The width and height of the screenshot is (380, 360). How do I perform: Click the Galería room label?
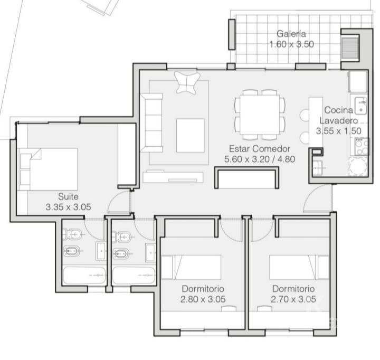click(291, 34)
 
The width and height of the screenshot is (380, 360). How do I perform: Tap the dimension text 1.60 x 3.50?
click(291, 44)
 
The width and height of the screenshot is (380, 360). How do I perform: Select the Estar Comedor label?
click(260, 148)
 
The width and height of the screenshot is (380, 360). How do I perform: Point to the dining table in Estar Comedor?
click(260, 115)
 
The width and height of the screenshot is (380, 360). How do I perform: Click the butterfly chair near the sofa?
click(187, 82)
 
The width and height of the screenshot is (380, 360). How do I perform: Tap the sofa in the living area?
click(151, 122)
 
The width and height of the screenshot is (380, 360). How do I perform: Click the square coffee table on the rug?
click(190, 135)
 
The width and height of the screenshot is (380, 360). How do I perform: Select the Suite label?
click(68, 196)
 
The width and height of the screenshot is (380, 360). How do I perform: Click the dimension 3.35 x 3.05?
click(68, 207)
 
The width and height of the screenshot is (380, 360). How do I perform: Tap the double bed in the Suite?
click(49, 169)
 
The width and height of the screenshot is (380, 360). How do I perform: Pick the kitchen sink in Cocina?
click(361, 106)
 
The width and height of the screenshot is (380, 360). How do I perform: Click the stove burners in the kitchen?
click(362, 146)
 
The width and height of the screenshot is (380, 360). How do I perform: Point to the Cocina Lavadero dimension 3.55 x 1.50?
click(338, 131)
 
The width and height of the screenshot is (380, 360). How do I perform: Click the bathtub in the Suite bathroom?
click(84, 276)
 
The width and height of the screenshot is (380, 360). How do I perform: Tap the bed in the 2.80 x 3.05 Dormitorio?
click(191, 267)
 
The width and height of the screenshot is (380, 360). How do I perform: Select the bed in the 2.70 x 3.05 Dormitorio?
click(299, 267)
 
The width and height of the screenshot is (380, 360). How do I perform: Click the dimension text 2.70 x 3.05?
click(293, 299)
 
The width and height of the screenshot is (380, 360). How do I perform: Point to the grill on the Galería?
click(349, 48)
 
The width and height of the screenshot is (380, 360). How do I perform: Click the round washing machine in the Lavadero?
click(358, 166)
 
